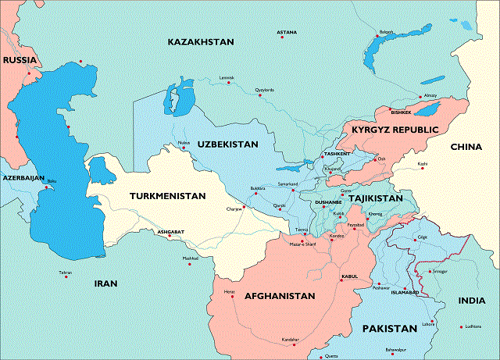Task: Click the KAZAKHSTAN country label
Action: pos(201,41)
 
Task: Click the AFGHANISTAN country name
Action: pos(280,296)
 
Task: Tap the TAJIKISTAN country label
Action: pos(375,199)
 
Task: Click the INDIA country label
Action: pos(471,300)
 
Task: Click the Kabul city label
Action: pos(349,276)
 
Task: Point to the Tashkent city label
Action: pos(337,154)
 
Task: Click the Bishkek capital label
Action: pos(400,112)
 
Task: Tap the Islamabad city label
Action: pos(405,291)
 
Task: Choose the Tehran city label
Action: pos(66,273)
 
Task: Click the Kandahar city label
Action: pos(290,340)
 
